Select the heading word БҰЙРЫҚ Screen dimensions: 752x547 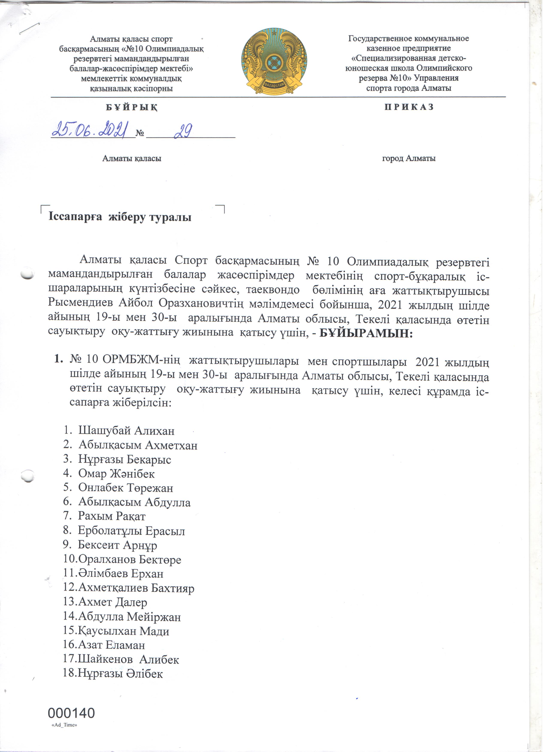click(132, 108)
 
